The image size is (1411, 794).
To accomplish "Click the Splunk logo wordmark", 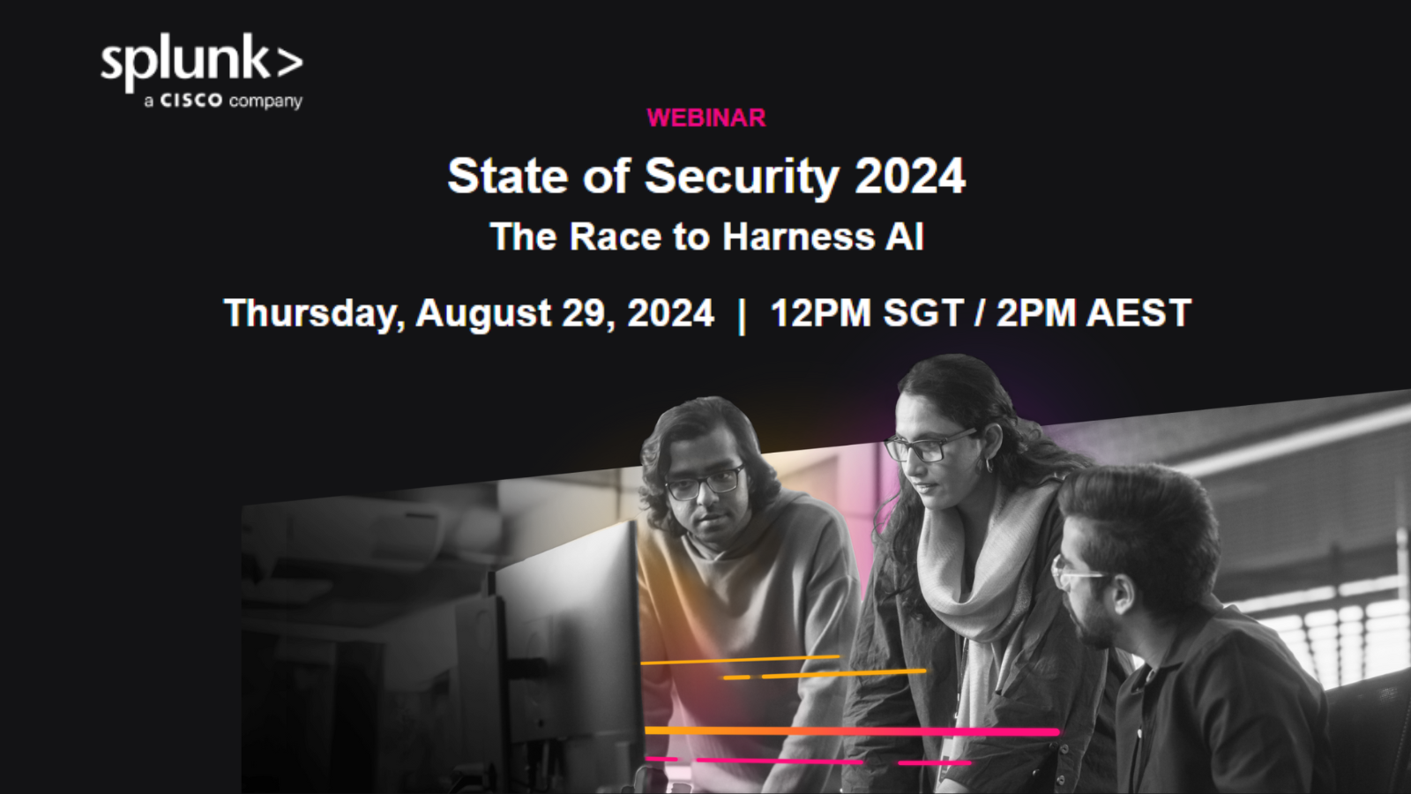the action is coord(202,63).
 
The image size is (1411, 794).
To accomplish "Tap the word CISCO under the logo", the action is coord(190,101).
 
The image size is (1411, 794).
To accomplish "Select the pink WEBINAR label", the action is coord(706,118).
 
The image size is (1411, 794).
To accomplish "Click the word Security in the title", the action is coord(742,176).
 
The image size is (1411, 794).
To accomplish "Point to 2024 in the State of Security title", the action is coord(909,176).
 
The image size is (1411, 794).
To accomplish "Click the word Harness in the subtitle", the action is coord(798,237).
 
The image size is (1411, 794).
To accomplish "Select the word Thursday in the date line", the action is coord(314,314).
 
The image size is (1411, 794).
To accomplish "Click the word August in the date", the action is coord(483,314).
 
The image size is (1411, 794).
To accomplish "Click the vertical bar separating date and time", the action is coord(742,316).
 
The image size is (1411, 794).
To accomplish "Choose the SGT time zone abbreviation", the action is coord(923,313).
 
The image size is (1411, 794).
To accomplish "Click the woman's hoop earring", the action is coord(989,466).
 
